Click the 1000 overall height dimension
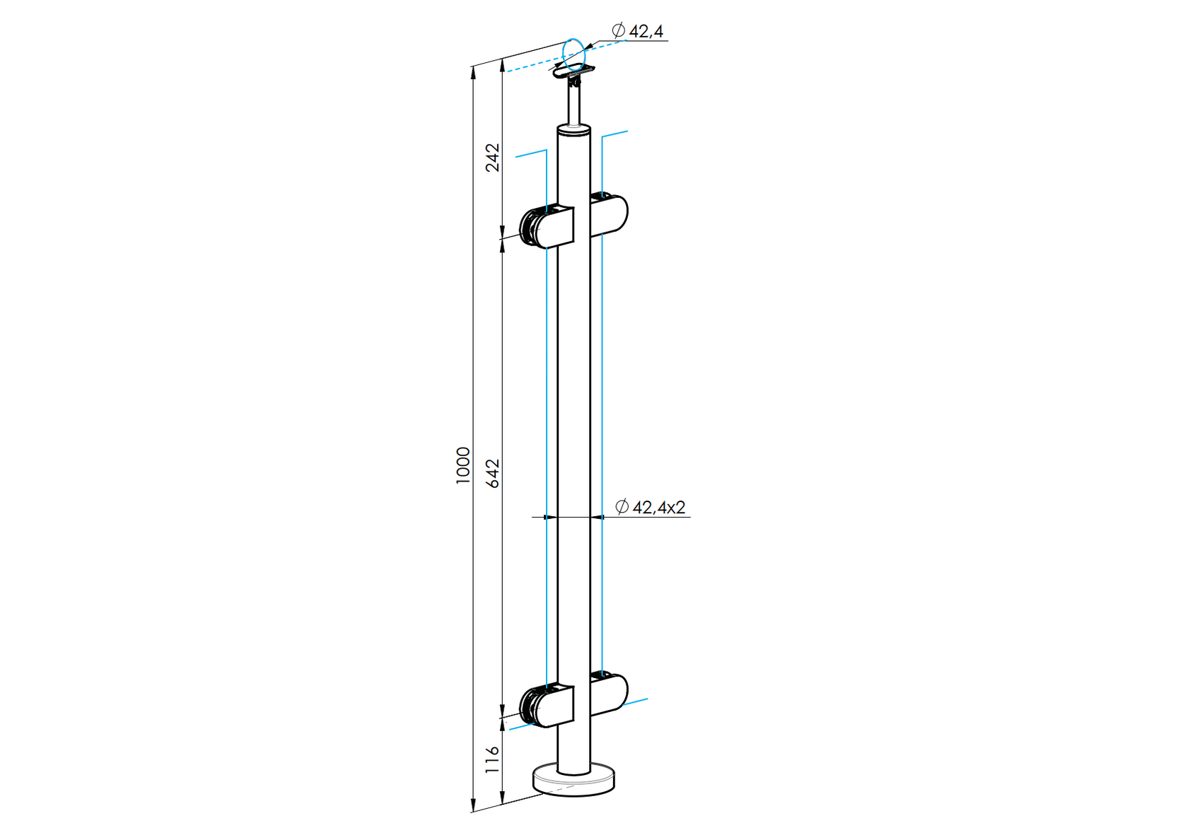pyautogui.click(x=462, y=465)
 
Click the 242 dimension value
pyautogui.click(x=493, y=157)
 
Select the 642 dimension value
pyautogui.click(x=493, y=473)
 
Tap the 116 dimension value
pyautogui.click(x=493, y=759)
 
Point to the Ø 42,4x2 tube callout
pyautogui.click(x=651, y=507)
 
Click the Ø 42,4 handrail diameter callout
pyautogui.click(x=638, y=30)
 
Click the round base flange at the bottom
pyautogui.click(x=573, y=781)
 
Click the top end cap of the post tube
pyautogui.click(x=573, y=129)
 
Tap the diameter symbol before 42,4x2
pyautogui.click(x=622, y=507)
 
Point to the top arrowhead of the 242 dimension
pyautogui.click(x=502, y=66)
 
